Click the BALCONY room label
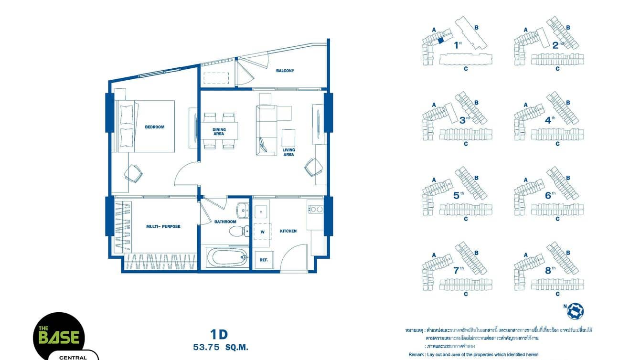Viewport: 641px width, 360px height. coord(285,71)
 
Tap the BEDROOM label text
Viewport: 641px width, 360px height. coord(154,127)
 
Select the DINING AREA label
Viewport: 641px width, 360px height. coord(219,132)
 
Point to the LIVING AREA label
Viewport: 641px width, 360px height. coord(288,152)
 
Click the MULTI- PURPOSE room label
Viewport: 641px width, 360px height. coord(163,226)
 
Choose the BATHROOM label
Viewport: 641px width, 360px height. coord(225,222)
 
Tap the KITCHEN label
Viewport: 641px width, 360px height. coord(288,231)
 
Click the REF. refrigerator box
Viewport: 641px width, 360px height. coord(263,260)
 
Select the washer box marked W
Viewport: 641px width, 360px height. coord(262,232)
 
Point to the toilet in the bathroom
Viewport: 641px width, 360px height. coord(237,232)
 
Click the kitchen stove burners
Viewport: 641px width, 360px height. coord(315,209)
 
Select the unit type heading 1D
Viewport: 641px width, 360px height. coord(218,334)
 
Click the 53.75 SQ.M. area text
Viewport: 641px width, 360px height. coord(220,347)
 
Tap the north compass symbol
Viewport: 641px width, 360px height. coord(575,311)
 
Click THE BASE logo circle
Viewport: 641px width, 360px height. coord(59,337)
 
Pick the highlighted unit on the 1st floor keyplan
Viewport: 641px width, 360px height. coord(441,42)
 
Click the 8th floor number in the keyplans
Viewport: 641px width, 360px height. coord(548,271)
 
